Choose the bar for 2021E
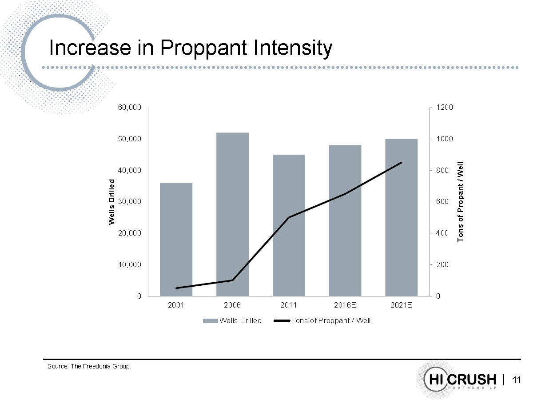(401, 217)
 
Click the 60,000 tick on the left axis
(129, 108)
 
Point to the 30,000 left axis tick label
(129, 202)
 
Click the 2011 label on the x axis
(289, 305)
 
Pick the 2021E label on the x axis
(401, 305)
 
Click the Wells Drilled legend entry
(232, 320)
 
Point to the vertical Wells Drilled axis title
(112, 202)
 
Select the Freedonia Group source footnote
(90, 367)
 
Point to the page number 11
(517, 380)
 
